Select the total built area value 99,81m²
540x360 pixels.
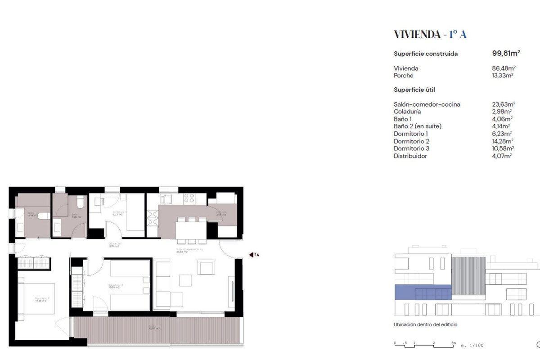tap(506, 53)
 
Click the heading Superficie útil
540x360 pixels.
tap(414, 90)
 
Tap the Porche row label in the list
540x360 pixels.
tap(403, 76)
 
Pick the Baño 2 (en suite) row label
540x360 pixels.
tap(417, 126)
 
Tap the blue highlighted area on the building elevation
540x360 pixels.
tap(423, 292)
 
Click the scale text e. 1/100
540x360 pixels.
tap(472, 346)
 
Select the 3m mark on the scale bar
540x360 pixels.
tap(453, 342)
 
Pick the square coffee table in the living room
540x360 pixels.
tap(186, 280)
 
